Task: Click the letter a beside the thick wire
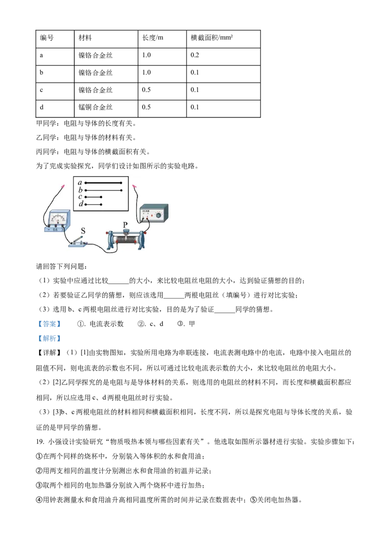coord(79,183)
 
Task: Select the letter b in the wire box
coord(79,190)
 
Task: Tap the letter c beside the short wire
coord(80,197)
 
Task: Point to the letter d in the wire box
coord(81,204)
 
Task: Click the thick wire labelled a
coord(103,183)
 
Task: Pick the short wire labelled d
coord(93,204)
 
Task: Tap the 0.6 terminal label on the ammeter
coord(55,230)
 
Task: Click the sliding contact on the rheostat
coord(126,233)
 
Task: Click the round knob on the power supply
coord(158,215)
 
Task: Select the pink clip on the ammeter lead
coord(63,186)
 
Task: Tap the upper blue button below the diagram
coord(49,323)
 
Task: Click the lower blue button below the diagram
coord(49,339)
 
